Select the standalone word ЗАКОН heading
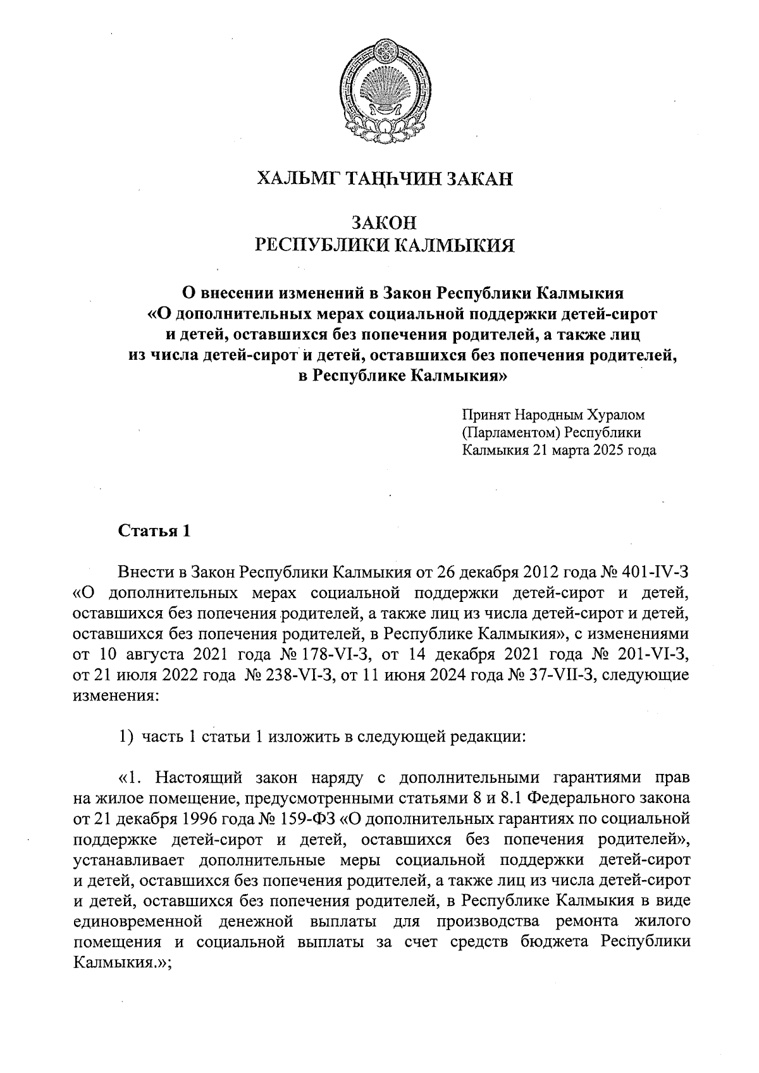(x=384, y=223)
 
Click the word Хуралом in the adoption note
(x=612, y=415)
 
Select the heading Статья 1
(x=155, y=531)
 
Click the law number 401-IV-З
(x=658, y=573)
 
